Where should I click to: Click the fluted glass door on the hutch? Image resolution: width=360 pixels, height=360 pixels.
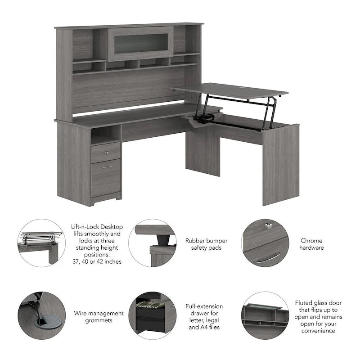(141, 44)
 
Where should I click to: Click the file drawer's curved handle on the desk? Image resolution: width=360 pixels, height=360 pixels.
(106, 167)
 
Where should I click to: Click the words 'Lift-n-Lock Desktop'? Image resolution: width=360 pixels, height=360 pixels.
(97, 227)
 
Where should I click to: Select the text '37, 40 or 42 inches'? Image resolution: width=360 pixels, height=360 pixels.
(97, 261)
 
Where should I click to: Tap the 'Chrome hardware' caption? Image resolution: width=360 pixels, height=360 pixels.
(311, 244)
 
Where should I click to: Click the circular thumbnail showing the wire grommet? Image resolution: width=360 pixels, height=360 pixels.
(41, 315)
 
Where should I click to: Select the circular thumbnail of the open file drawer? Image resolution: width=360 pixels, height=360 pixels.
(152, 315)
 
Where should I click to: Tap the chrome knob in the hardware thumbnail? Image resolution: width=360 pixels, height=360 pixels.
(269, 226)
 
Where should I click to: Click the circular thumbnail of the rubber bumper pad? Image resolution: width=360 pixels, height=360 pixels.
(152, 243)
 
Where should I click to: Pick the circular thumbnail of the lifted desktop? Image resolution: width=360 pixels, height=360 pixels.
(41, 243)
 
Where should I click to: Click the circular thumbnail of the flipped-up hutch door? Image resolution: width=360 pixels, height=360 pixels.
(265, 315)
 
